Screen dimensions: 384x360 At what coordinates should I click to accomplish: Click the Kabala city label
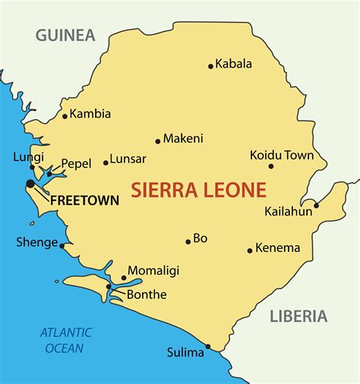(x=234, y=64)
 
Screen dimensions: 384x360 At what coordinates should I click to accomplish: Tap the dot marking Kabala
(x=210, y=66)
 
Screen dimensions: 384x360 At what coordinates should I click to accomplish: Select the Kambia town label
(x=91, y=114)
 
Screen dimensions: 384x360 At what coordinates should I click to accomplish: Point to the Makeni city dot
(x=158, y=140)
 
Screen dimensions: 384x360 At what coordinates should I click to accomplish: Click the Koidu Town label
(x=282, y=155)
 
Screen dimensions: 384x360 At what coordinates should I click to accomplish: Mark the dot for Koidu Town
(x=270, y=166)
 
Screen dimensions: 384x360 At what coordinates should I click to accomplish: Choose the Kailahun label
(x=289, y=211)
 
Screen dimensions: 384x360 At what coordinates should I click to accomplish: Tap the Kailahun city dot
(x=317, y=205)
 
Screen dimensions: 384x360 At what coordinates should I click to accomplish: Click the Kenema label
(x=278, y=247)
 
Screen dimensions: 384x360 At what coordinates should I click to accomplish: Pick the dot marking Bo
(x=188, y=242)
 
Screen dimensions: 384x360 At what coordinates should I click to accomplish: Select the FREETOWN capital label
(x=84, y=201)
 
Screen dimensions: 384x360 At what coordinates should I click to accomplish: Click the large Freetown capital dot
(x=30, y=184)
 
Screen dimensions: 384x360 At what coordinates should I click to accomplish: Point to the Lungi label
(x=24, y=157)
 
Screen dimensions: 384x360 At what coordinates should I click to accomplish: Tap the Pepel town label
(x=76, y=162)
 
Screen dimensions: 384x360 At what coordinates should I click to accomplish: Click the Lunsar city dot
(x=106, y=162)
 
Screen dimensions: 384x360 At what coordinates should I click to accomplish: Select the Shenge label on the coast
(x=36, y=243)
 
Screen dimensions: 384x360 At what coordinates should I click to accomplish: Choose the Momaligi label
(x=153, y=270)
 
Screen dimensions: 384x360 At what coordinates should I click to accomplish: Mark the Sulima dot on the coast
(x=208, y=347)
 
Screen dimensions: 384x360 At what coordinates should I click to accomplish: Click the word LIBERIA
(x=298, y=316)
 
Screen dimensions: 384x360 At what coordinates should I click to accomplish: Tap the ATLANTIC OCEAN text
(x=66, y=340)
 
